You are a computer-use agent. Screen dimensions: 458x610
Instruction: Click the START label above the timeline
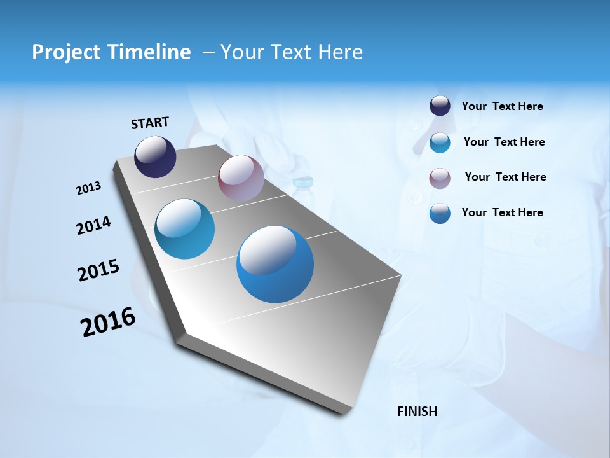150,123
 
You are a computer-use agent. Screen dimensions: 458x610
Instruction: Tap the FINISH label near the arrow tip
417,412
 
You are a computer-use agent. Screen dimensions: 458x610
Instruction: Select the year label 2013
88,188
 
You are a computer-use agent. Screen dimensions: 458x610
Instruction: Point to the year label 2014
93,225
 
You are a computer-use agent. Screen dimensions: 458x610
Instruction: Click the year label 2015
98,270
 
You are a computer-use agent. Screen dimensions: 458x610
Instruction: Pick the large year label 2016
108,322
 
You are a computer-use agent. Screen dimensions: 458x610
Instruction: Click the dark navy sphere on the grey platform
155,156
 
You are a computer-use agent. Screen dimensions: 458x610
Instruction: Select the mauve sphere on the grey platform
241,178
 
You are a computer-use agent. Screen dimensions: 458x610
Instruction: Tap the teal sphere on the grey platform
185,229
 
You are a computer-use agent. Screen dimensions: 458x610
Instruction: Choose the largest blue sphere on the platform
275,264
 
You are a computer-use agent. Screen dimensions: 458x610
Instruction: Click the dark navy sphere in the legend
440,106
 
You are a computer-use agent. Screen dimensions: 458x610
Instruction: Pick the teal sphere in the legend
440,142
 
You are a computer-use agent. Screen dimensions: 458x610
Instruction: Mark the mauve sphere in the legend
440,178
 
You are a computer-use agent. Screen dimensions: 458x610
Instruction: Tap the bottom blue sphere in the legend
440,213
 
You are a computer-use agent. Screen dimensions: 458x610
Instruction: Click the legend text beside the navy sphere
502,107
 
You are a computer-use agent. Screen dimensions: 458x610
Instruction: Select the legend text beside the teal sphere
504,142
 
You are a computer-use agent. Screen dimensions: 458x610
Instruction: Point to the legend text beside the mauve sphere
505,177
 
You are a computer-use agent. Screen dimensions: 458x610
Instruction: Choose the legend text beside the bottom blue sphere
502,212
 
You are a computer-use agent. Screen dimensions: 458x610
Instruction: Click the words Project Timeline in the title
111,52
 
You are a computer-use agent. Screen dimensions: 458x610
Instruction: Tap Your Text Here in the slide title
292,52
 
